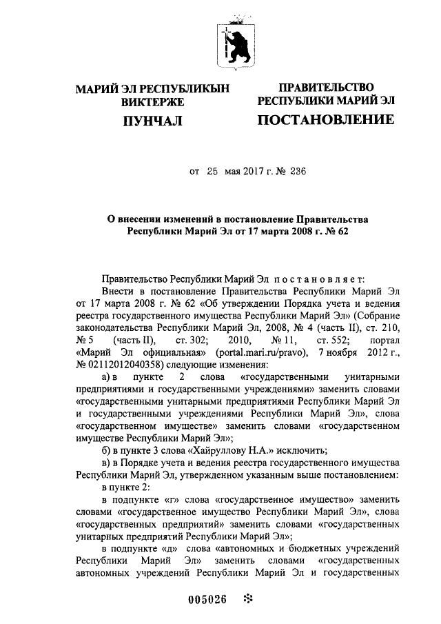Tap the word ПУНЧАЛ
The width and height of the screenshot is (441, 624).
point(152,122)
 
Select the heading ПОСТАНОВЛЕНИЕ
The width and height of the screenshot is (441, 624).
point(326,121)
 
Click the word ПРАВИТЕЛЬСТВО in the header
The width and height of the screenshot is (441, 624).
point(326,88)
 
